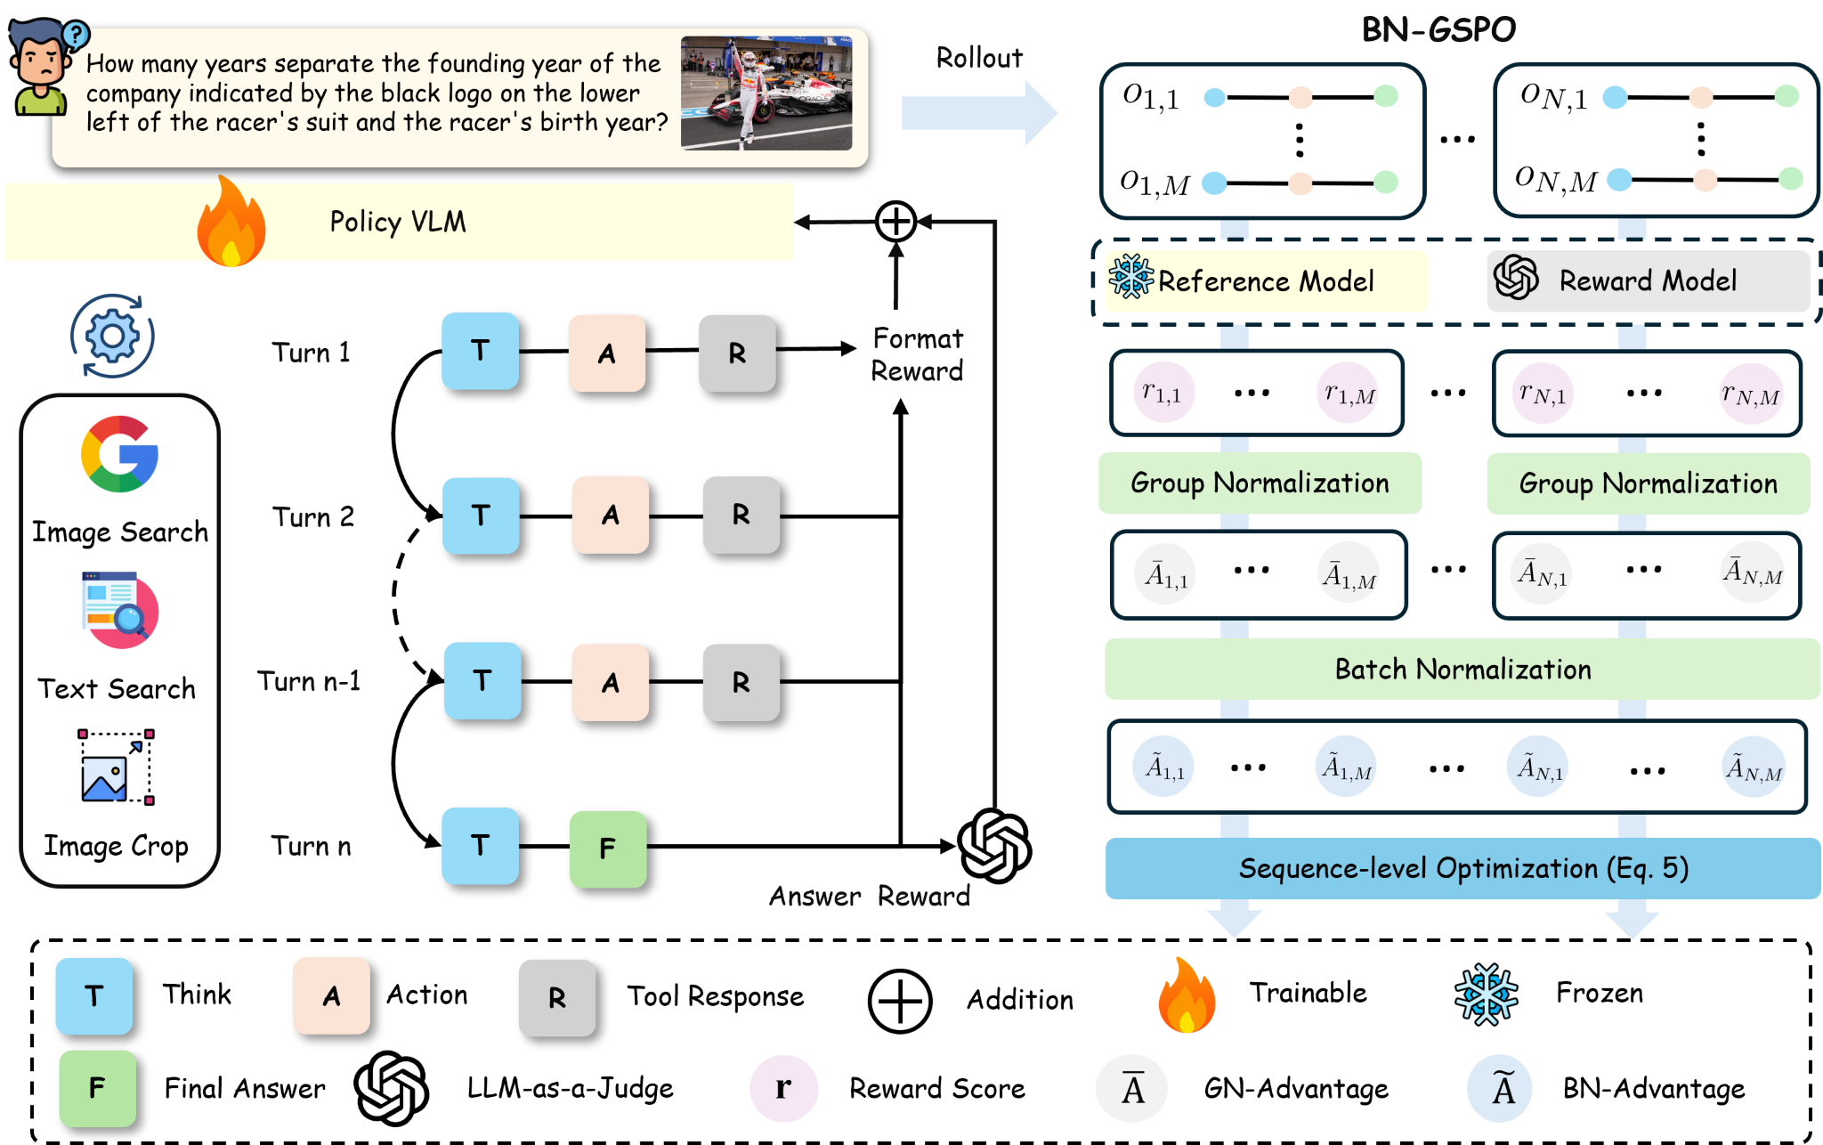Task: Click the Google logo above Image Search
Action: click(119, 454)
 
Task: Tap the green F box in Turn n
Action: click(608, 849)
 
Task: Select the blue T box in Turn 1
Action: click(481, 351)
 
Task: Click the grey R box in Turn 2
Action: click(741, 516)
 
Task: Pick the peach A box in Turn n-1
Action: click(611, 682)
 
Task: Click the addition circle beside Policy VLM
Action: click(895, 222)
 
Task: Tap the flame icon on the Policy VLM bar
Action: click(231, 222)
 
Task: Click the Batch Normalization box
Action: click(1462, 669)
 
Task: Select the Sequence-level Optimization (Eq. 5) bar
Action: click(1462, 868)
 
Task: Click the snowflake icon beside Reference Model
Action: click(1130, 277)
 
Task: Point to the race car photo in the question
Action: click(766, 93)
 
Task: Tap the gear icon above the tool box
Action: click(112, 337)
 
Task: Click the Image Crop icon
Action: click(117, 767)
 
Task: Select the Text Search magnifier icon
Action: click(120, 610)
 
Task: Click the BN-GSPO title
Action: click(1438, 29)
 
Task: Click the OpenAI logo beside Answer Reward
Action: click(994, 846)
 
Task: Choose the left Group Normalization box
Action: click(1260, 483)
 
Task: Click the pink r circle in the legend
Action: click(783, 1088)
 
